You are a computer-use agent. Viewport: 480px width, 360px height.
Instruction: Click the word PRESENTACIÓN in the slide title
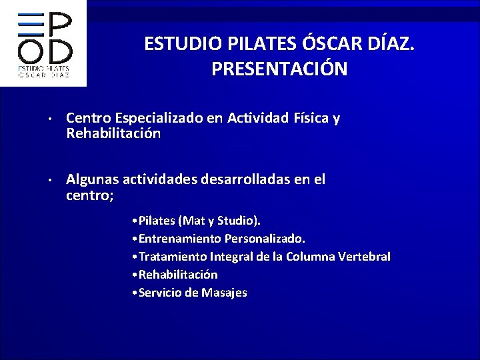coord(279,69)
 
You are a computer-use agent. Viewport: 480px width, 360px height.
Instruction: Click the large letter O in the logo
coord(29,51)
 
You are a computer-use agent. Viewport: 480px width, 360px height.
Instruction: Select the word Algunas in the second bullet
coord(90,180)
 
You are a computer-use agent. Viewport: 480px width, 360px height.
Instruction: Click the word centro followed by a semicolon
coord(90,195)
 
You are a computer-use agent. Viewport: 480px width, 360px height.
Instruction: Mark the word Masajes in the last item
coord(223,293)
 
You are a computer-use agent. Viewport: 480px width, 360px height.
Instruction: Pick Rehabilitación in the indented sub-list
coord(178,275)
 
